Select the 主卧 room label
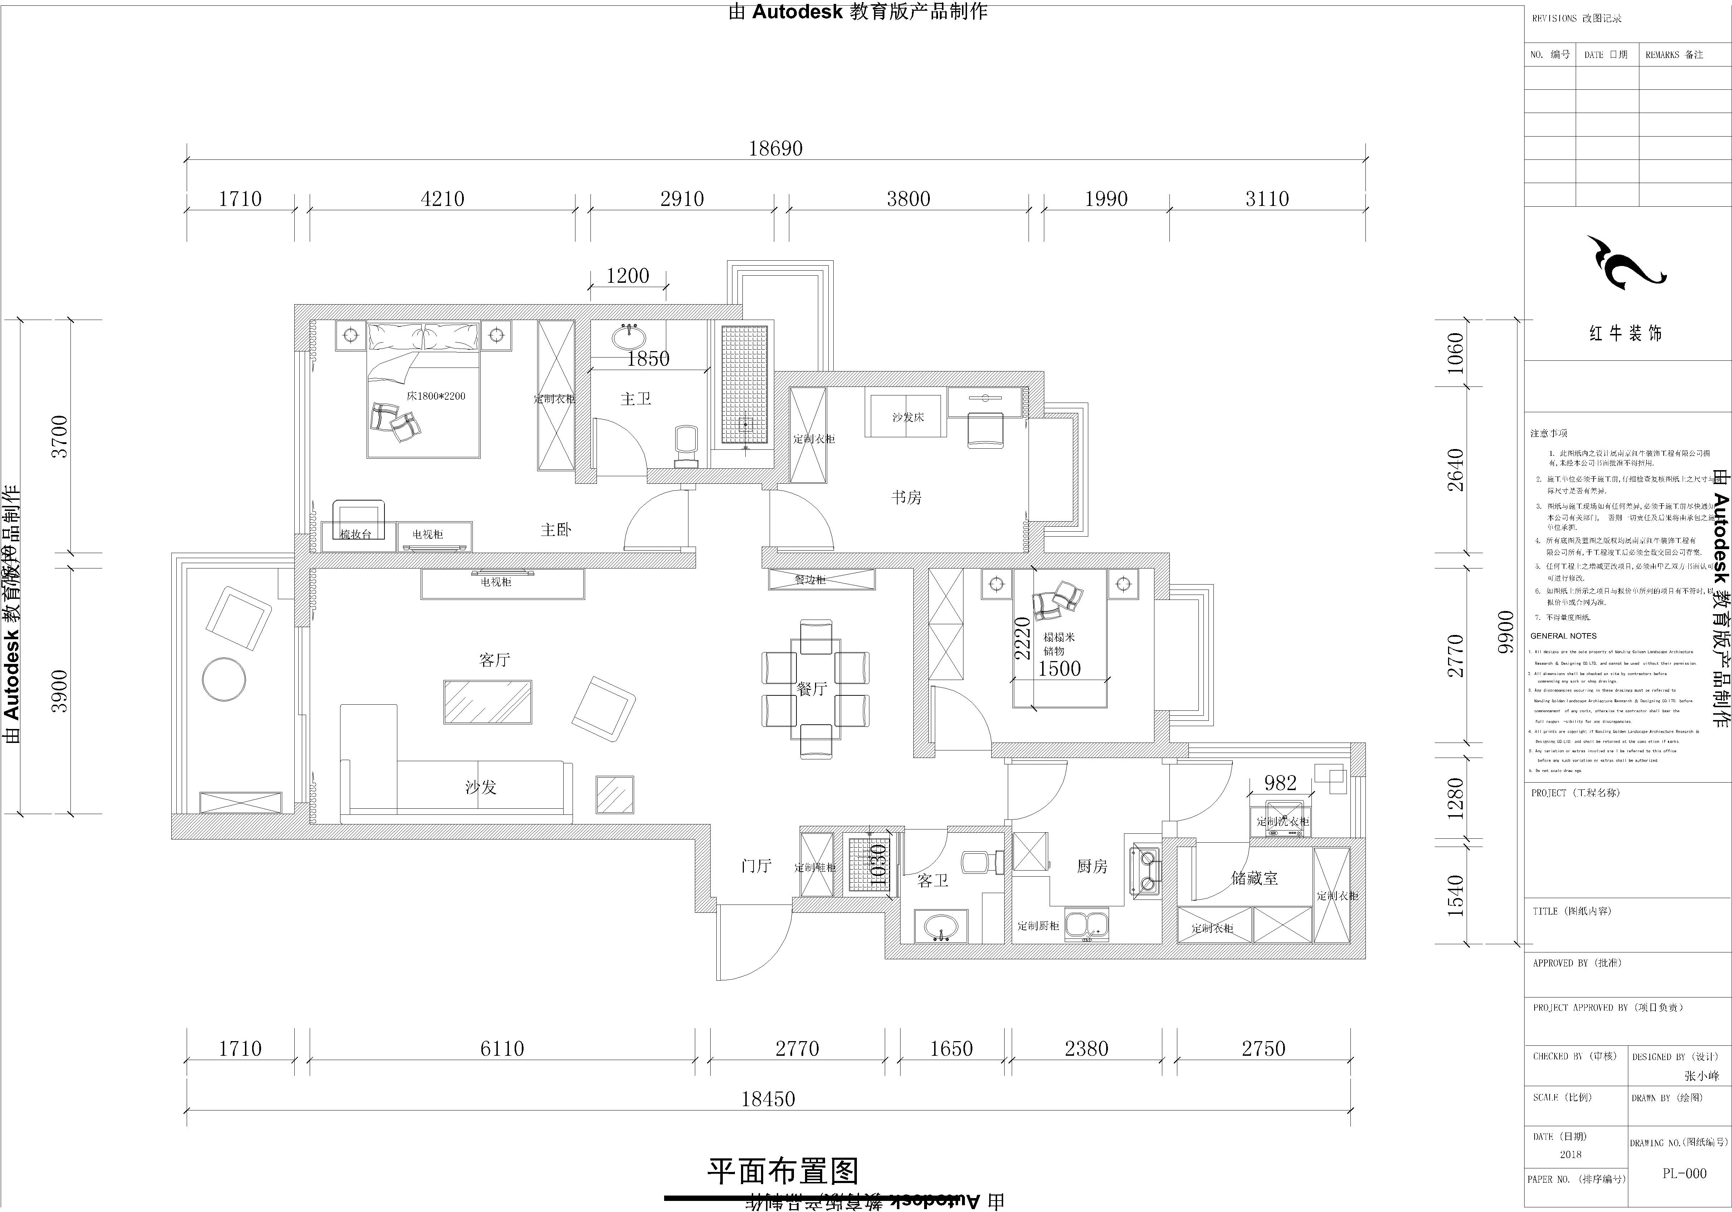(x=556, y=530)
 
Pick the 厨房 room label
(x=1091, y=867)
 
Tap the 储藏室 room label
(x=1255, y=878)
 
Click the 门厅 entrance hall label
(x=756, y=866)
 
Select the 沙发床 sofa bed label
(x=908, y=417)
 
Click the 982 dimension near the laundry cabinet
(x=1280, y=783)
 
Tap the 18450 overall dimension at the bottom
(x=768, y=1099)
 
